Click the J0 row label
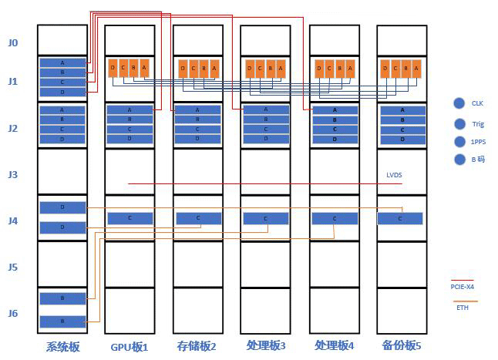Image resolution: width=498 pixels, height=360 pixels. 12,42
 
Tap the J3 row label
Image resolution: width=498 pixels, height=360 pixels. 12,174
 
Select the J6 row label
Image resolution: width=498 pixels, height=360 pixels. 12,313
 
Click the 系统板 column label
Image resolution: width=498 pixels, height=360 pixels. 63,346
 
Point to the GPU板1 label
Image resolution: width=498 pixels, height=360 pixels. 129,346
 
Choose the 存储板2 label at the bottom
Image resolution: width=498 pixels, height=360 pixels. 197,346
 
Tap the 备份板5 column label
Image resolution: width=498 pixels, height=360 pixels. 402,346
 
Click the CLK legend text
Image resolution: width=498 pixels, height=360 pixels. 477,103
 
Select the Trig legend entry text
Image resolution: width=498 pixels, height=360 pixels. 478,123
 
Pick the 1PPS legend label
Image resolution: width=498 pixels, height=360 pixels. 478,142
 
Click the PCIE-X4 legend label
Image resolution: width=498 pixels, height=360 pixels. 463,288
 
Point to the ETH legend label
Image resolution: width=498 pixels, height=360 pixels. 462,308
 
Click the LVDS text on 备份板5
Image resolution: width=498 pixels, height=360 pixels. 394,175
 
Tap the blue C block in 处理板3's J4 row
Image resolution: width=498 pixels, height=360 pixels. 266,219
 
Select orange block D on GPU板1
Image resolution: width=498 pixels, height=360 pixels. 113,68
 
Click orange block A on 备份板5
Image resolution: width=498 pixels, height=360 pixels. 416,68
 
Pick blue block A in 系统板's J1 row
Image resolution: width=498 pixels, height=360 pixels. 62,62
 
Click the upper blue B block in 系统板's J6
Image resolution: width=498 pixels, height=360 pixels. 62,298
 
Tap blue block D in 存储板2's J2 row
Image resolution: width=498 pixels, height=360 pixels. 198,139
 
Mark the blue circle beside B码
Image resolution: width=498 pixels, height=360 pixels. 459,160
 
